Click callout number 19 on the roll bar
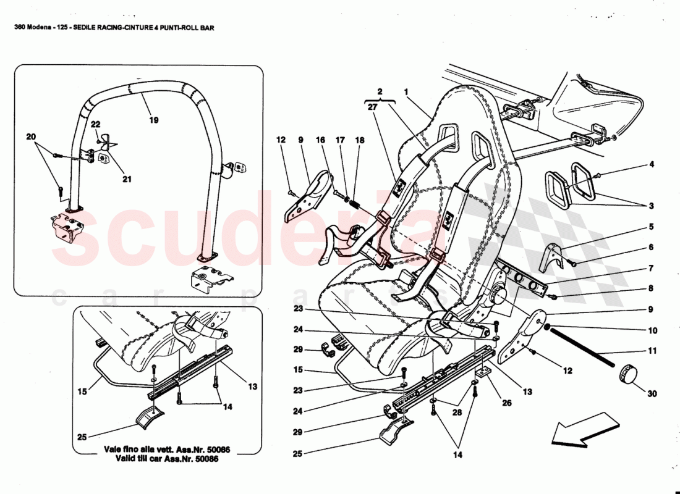[153, 120]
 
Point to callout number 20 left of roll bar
[31, 136]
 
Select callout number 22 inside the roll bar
[95, 125]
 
